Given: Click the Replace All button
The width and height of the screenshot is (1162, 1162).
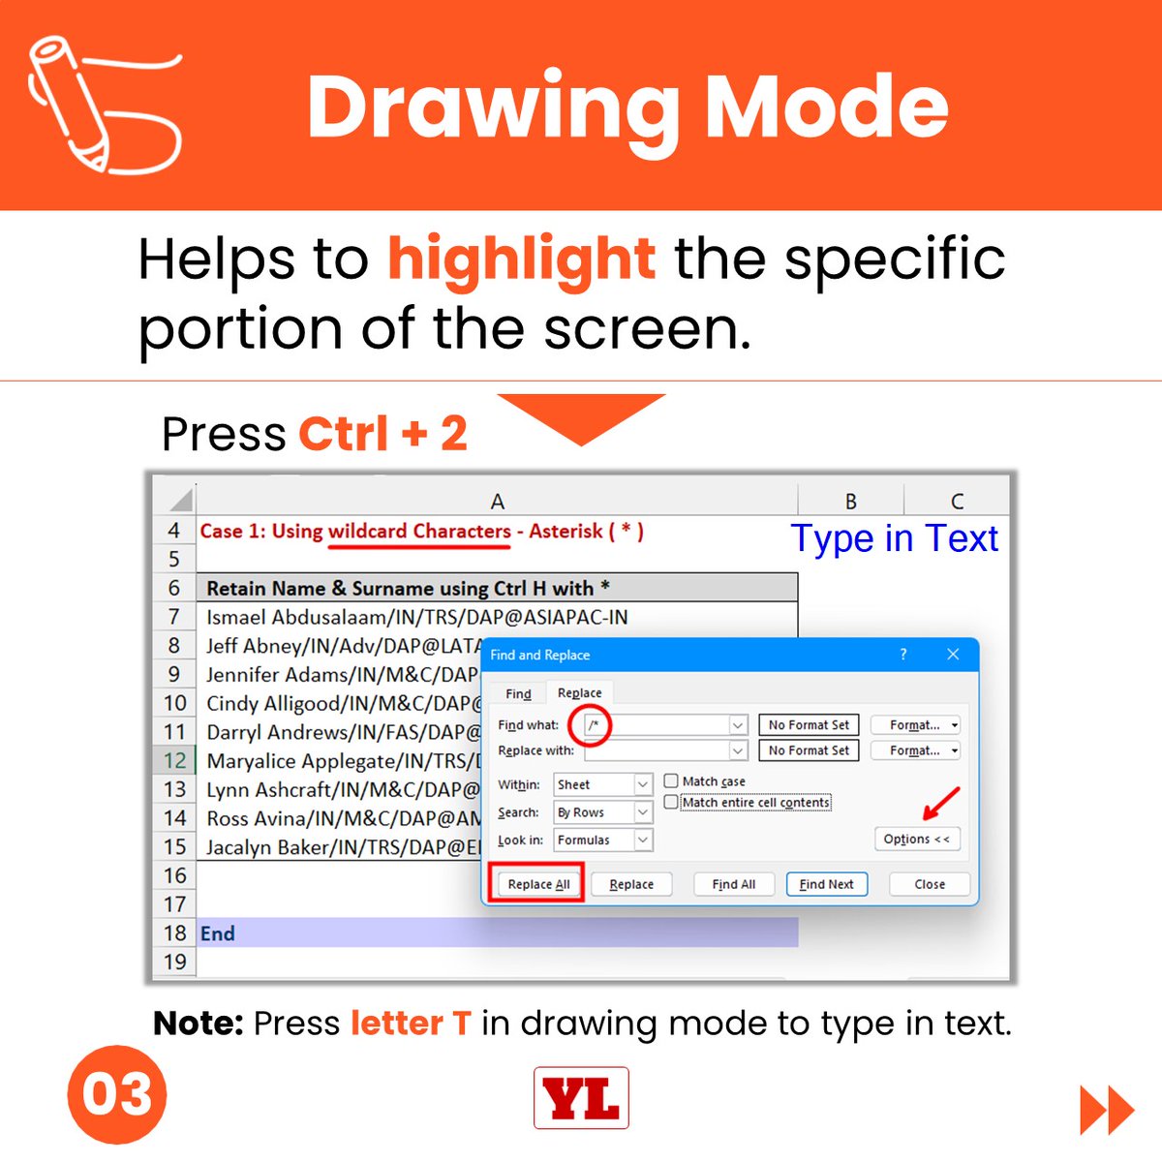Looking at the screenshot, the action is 538,884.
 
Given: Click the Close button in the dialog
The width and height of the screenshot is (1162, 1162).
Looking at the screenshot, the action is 930,884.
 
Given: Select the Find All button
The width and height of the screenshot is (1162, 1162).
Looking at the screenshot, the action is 733,884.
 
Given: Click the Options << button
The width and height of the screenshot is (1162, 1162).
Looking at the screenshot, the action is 917,839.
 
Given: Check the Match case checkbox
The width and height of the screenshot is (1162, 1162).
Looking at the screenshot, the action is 670,780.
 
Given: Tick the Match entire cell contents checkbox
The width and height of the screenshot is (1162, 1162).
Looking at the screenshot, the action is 670,802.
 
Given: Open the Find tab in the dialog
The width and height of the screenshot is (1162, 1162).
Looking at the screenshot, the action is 518,693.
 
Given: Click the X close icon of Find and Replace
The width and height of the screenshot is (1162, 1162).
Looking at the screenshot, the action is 953,655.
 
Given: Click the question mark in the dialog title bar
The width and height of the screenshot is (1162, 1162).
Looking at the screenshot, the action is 903,655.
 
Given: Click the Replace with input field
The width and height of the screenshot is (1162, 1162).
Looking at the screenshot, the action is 657,750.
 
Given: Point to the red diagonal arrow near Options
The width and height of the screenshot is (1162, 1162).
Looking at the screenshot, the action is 941,804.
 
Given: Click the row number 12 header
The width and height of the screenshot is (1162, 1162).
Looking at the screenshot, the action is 174,760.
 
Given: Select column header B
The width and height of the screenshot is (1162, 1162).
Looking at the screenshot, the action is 851,501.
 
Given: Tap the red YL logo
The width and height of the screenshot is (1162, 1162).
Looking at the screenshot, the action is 581,1097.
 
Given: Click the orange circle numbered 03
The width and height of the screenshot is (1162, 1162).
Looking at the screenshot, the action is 117,1094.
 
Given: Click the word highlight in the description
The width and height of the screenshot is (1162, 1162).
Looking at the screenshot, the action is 522,260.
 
